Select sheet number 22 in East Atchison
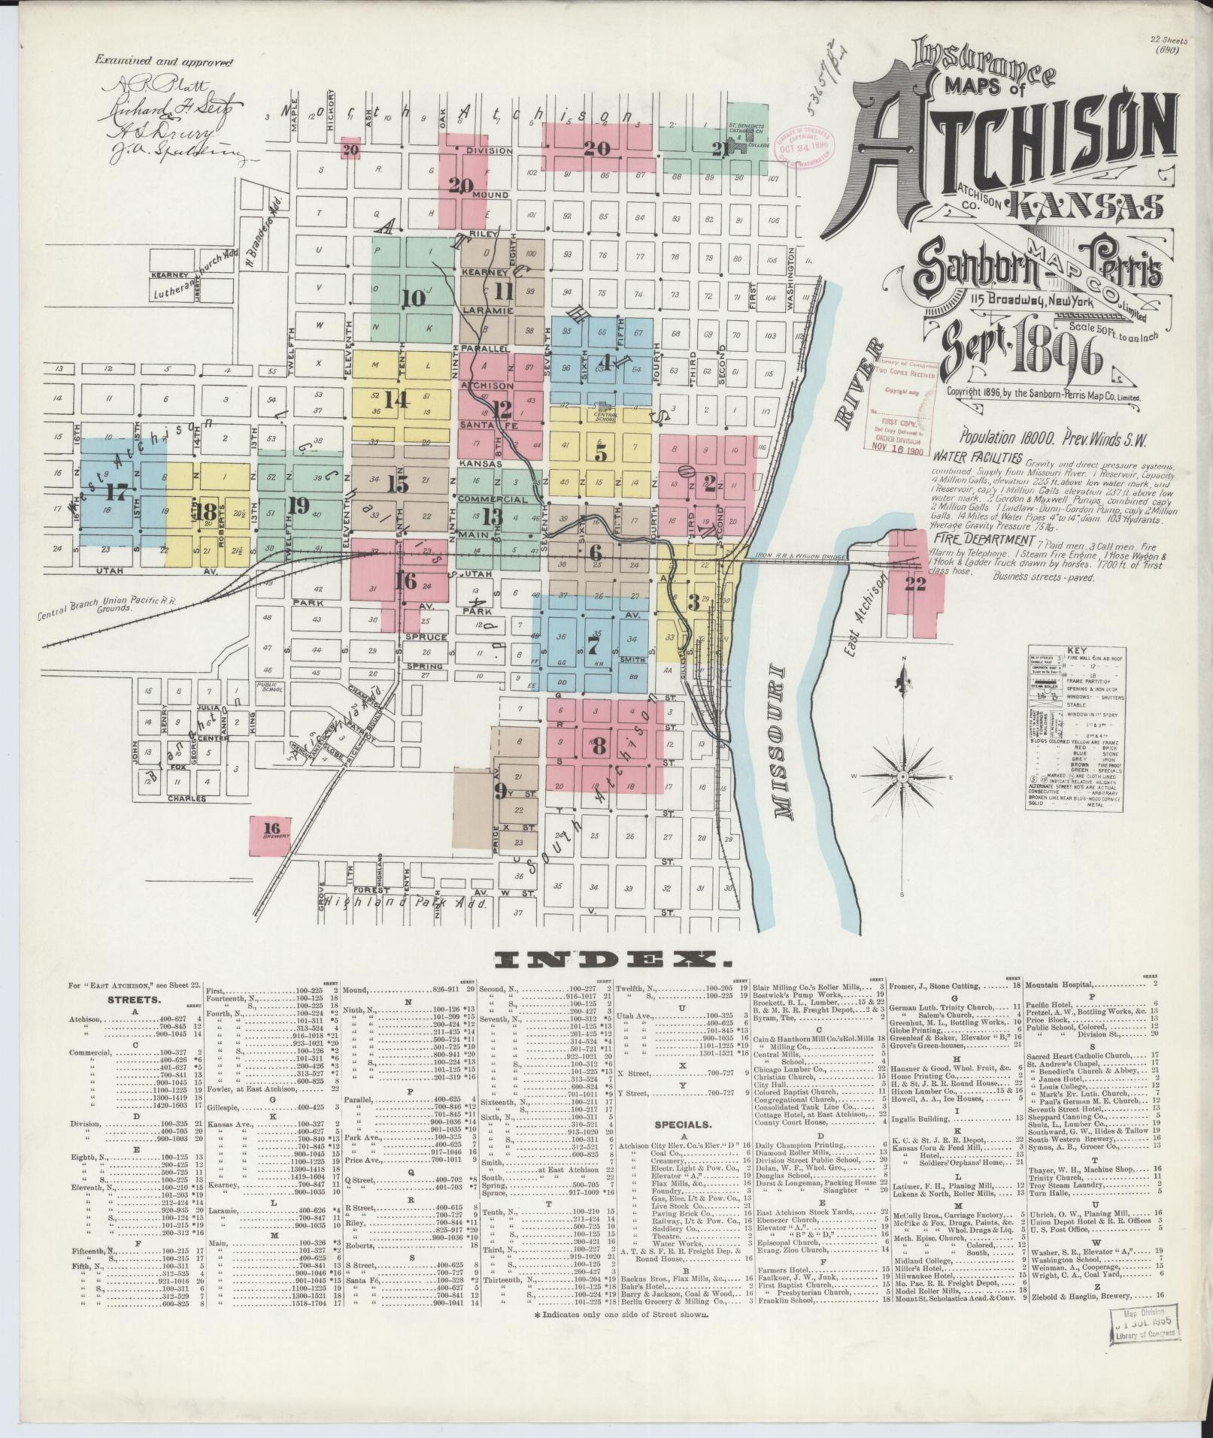[x=914, y=583]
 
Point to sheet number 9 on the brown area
[x=500, y=789]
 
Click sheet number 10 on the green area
[x=413, y=298]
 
